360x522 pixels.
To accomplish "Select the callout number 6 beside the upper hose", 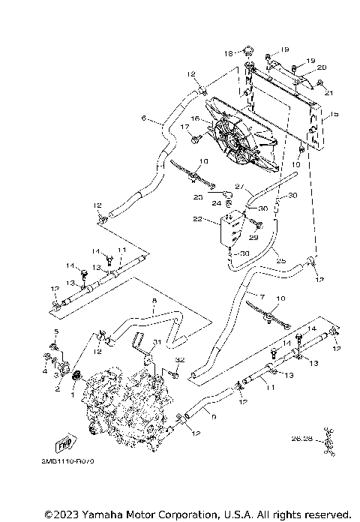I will point(143,118).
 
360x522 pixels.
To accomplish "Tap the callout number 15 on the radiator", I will point(334,115).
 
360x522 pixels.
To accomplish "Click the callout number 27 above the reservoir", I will point(240,187).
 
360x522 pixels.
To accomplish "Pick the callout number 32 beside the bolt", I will point(178,361).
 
